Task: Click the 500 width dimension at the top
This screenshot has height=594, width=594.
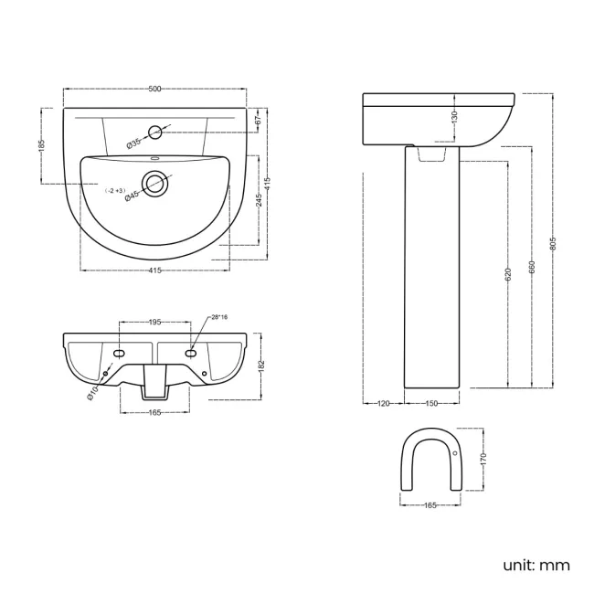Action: click(x=154, y=89)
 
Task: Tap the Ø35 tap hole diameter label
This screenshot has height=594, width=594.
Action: click(x=133, y=142)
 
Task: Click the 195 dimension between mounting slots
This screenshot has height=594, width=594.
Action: click(x=154, y=322)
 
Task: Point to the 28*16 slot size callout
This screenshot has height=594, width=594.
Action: click(x=218, y=317)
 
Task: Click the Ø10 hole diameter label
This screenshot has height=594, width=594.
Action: click(x=93, y=392)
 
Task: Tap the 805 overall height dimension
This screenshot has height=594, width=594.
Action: click(x=554, y=241)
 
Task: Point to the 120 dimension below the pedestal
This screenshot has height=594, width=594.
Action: click(x=383, y=402)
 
